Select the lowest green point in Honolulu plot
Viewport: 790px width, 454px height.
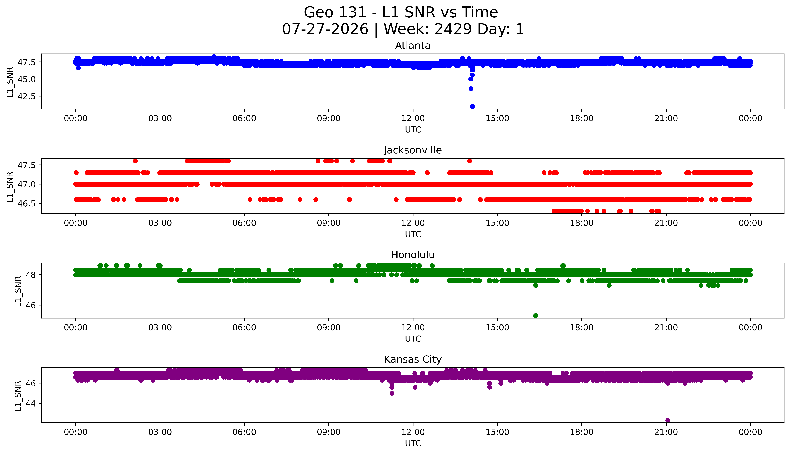tap(536, 316)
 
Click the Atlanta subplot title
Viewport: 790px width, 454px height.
tap(413, 46)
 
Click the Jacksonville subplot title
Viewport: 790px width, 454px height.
tap(413, 150)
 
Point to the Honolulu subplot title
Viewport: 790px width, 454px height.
tap(413, 255)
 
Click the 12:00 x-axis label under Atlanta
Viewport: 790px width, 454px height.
tap(413, 119)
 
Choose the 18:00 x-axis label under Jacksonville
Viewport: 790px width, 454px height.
tap(582, 223)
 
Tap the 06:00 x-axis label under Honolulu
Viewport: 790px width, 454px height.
tap(244, 327)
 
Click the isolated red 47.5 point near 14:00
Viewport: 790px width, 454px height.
tap(470, 161)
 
